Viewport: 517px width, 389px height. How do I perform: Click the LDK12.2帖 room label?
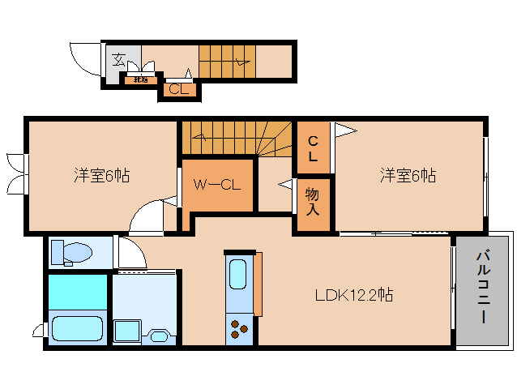[354, 295]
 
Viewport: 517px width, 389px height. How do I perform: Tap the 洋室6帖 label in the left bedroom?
[102, 174]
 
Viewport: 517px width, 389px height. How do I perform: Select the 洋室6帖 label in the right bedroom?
[408, 174]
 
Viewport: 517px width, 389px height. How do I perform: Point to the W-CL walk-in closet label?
[216, 184]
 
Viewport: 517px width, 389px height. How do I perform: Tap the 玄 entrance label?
[118, 59]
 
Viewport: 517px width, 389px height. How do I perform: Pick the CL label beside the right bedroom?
[313, 147]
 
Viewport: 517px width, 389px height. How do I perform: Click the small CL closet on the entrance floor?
[178, 89]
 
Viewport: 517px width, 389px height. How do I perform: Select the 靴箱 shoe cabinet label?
[140, 79]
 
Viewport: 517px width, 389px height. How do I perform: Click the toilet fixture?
[70, 252]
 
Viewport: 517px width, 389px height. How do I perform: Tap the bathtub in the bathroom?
[77, 328]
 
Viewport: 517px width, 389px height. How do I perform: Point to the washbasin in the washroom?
[158, 335]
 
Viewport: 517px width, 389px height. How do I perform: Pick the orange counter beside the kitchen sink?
[258, 284]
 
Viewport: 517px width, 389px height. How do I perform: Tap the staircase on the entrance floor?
[227, 59]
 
